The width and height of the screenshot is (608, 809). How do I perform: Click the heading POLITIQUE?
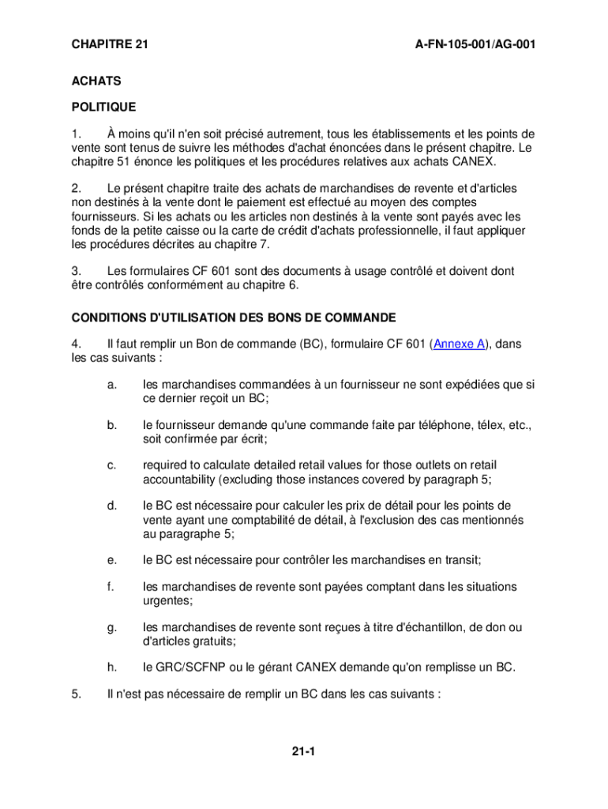[104, 107]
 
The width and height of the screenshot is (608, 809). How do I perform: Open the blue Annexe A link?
[460, 344]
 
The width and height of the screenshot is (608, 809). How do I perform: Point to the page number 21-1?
[303, 751]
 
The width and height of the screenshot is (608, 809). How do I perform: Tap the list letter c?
[111, 465]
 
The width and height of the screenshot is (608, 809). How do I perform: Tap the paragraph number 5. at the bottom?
[77, 694]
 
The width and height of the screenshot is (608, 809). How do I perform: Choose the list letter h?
[111, 668]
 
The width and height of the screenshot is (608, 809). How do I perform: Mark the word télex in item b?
[490, 425]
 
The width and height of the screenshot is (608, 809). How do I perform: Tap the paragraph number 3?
[77, 271]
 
